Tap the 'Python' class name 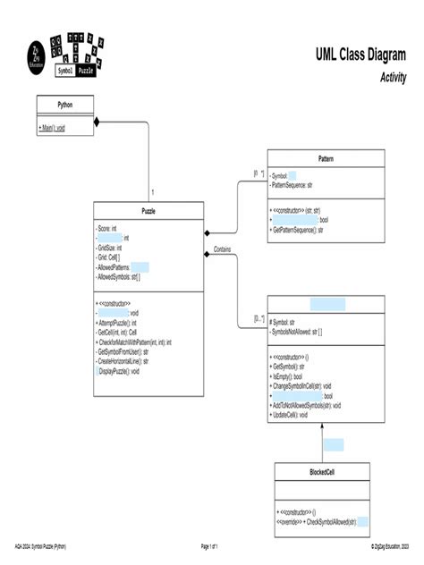pyautogui.click(x=65, y=105)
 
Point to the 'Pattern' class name pyautogui.click(x=326, y=158)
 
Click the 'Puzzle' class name pyautogui.click(x=148, y=212)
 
